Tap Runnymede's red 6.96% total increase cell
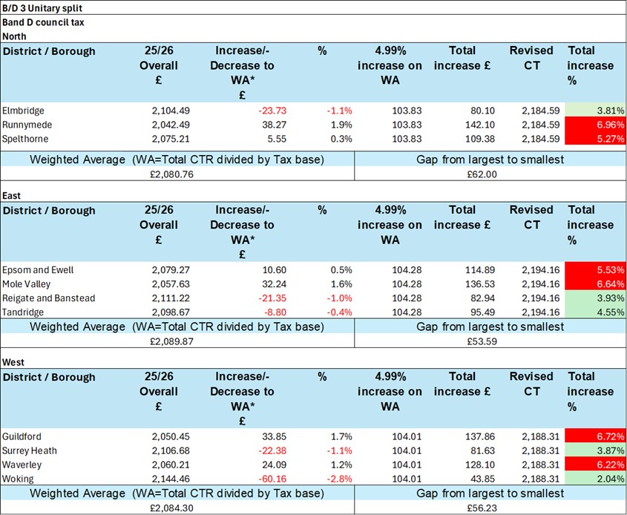[594, 125]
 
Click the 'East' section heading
[13, 196]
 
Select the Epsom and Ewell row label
[38, 270]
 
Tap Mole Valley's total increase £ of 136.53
[476, 284]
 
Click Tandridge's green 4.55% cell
[594, 312]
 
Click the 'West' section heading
[15, 362]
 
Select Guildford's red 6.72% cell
[594, 436]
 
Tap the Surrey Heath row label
[30, 450]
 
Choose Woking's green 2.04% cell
[594, 479]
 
